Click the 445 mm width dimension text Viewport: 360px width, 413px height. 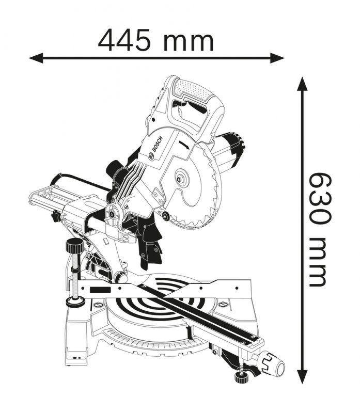[x=155, y=40]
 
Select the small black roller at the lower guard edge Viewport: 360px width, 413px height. [x=165, y=216]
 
